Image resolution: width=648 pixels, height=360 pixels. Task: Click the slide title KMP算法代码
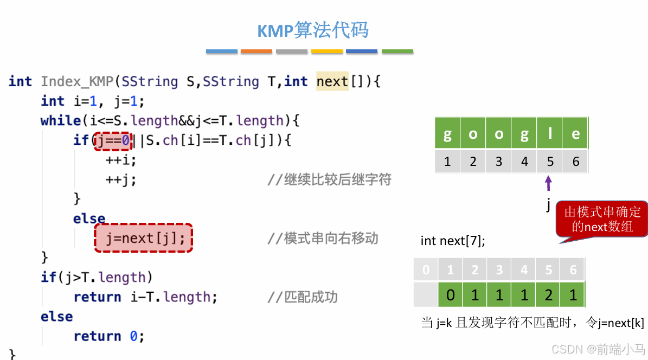313,30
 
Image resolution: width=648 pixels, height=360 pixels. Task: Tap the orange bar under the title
256,52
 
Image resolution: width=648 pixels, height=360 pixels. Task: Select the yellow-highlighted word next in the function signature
332,81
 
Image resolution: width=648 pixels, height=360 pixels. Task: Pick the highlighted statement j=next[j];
144,238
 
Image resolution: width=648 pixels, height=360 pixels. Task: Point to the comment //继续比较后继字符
329,179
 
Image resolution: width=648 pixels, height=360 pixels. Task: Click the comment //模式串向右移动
323,238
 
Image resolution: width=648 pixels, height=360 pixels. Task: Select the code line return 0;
109,336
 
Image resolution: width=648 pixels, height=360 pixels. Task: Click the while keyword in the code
60,120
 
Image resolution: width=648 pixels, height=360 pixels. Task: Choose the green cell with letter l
550,134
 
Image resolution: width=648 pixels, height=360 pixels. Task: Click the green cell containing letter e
575,134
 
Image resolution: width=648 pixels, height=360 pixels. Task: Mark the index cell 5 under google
550,162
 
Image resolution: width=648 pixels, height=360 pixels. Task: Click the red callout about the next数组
602,219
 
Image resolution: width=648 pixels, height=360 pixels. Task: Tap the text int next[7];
453,240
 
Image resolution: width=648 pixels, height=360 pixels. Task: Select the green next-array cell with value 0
450,295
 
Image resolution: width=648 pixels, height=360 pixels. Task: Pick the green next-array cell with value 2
549,295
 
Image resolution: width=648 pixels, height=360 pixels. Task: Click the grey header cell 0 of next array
426,270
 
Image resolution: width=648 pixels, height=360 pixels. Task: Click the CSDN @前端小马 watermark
596,349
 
